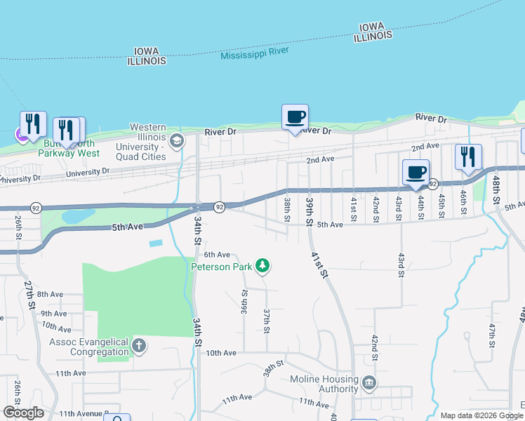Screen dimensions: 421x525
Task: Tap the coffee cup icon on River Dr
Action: click(295, 116)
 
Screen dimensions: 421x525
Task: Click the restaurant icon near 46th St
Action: click(467, 156)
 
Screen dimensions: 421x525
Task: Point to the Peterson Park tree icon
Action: click(262, 265)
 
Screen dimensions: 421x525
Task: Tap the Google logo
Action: click(23, 413)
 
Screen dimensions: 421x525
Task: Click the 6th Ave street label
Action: click(217, 255)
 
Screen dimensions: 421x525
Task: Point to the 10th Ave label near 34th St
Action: click(221, 353)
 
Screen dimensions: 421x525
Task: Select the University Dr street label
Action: click(88, 172)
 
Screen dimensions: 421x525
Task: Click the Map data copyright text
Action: click(481, 415)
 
